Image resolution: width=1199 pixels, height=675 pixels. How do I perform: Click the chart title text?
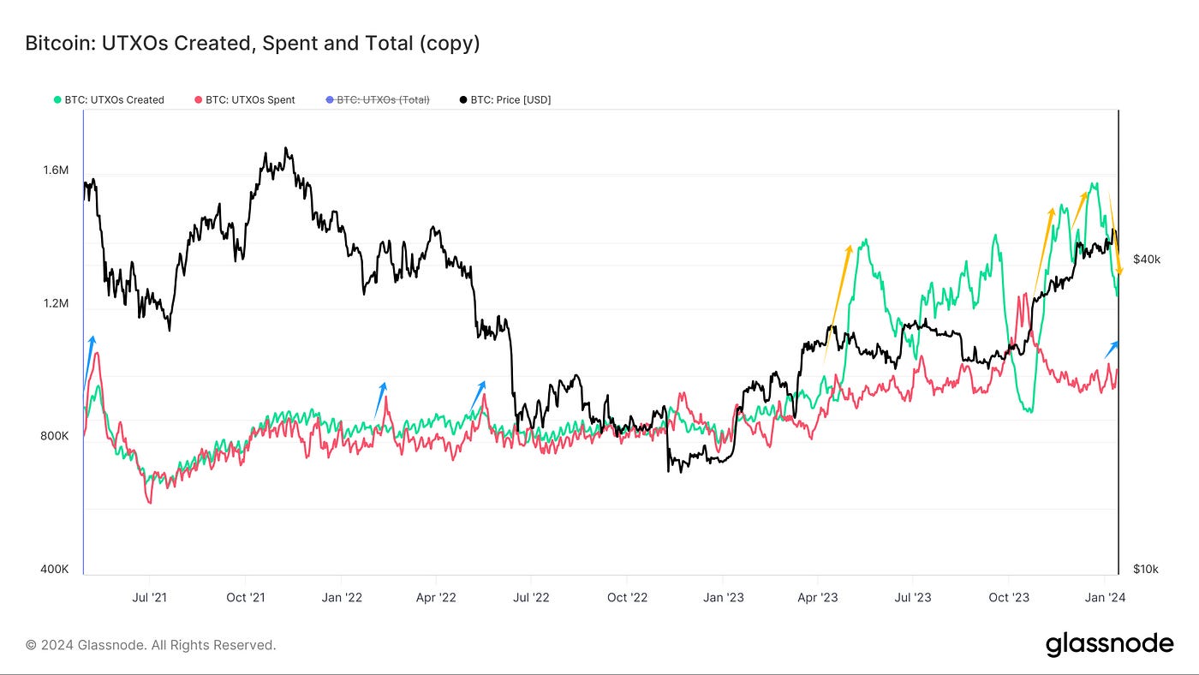coord(253,43)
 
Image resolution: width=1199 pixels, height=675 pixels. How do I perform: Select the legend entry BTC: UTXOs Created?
coord(114,100)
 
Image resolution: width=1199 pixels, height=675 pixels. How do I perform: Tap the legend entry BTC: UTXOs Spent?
coord(250,100)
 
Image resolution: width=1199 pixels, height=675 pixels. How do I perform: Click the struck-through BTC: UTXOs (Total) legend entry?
coord(383,100)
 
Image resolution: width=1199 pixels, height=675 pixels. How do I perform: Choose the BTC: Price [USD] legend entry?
coord(510,100)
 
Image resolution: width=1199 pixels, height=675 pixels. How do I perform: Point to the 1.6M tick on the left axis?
coord(55,170)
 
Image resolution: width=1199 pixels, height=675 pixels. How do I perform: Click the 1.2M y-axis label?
coord(55,303)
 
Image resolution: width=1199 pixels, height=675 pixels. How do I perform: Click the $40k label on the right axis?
coord(1146,260)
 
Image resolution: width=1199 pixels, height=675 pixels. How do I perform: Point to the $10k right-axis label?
coord(1145,569)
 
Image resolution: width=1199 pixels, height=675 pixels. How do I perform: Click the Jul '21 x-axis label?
coord(150,597)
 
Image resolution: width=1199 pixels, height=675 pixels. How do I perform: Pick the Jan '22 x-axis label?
coord(342,597)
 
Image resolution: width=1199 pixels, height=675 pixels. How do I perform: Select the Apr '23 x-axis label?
coord(818,597)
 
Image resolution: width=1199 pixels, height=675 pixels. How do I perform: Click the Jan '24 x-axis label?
coord(1106,597)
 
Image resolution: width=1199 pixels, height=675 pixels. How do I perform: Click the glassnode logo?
coord(1109,645)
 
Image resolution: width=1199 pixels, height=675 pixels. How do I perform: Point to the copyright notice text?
coord(151,645)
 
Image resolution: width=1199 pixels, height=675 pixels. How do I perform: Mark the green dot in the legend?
coord(57,100)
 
